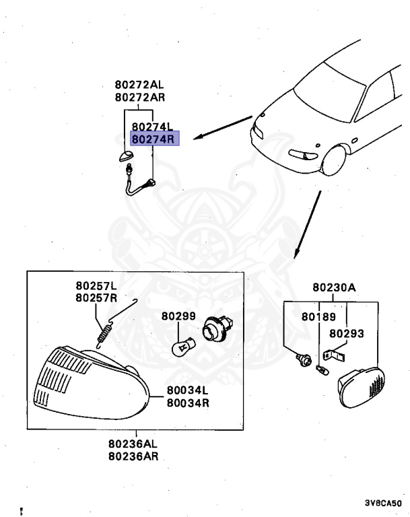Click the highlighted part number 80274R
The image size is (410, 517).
click(153, 140)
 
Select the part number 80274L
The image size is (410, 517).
click(153, 127)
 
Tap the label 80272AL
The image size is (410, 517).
click(139, 85)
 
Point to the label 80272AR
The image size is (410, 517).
click(139, 97)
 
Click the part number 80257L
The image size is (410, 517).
click(96, 286)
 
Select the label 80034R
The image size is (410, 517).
click(188, 403)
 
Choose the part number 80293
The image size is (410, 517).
click(346, 333)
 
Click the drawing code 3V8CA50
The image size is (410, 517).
click(383, 503)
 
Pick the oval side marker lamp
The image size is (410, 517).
click(362, 387)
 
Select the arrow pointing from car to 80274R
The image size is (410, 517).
click(223, 128)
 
